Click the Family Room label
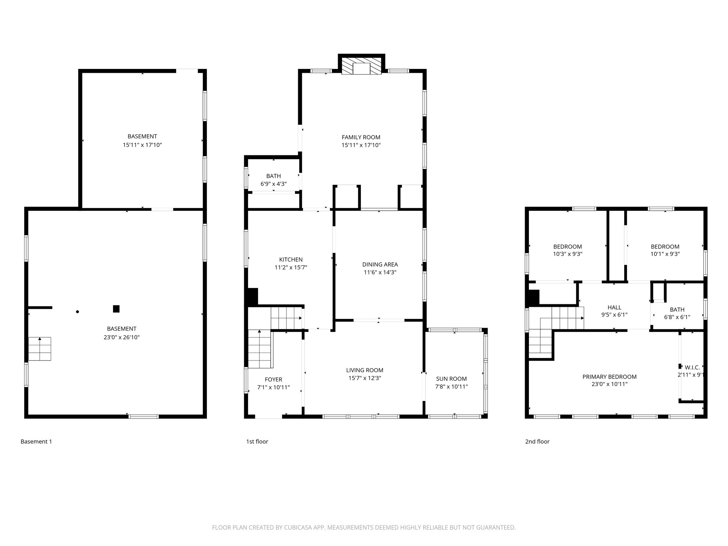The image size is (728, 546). (x=361, y=137)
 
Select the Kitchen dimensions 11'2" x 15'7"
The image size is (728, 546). (x=291, y=268)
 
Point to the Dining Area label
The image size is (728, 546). (x=380, y=264)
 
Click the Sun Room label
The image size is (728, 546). (x=451, y=379)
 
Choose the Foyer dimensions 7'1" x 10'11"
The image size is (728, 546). (x=273, y=387)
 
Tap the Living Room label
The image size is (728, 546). (x=365, y=370)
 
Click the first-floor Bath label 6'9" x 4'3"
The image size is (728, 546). (x=273, y=180)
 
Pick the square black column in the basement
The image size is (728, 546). (x=116, y=309)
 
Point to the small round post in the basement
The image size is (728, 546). (x=77, y=312)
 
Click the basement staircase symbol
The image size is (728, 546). (x=40, y=349)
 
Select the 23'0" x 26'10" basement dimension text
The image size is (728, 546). (x=122, y=337)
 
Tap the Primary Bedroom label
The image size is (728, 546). (x=609, y=377)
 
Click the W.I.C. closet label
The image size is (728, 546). (x=692, y=368)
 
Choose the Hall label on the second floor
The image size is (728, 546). (x=614, y=307)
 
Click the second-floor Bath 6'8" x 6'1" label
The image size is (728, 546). (x=677, y=313)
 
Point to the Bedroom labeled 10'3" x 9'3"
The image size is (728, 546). (x=567, y=250)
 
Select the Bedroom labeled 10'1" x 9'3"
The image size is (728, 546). (x=665, y=250)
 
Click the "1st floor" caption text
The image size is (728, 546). (x=257, y=441)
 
